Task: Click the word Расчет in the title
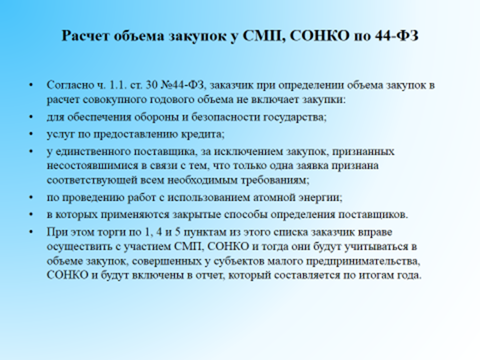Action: coord(85,36)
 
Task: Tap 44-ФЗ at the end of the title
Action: coord(396,36)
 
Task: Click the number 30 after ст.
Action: coord(151,85)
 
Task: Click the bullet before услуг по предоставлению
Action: coord(31,135)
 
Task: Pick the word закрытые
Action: coord(196,214)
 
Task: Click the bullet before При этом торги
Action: coord(31,232)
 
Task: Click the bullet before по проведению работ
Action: coord(31,198)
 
